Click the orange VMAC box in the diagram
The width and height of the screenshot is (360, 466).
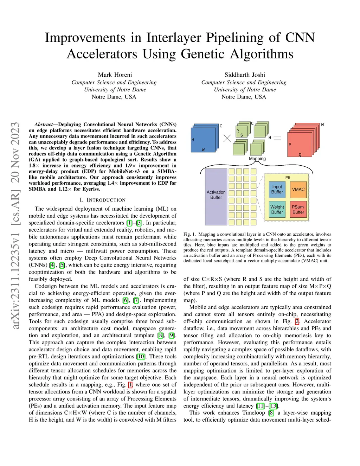click(x=298, y=190)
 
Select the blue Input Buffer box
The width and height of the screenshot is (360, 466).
click(x=277, y=190)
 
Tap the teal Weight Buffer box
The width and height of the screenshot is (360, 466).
click(x=277, y=210)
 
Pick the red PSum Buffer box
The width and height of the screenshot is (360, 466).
click(x=298, y=210)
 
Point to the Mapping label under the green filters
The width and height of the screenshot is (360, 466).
click(x=257, y=159)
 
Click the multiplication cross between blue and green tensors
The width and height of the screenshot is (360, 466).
click(x=227, y=138)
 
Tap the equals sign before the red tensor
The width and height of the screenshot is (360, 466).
click(x=277, y=138)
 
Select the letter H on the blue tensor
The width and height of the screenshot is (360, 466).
click(x=193, y=140)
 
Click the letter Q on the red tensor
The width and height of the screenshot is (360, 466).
click(x=300, y=155)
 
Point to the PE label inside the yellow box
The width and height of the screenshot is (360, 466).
click(x=288, y=178)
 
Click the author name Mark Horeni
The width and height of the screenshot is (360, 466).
click(x=115, y=75)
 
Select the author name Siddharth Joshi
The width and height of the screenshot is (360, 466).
click(x=245, y=75)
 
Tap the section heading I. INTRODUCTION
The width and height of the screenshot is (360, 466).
click(x=102, y=200)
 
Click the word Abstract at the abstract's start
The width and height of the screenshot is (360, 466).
click(x=43, y=125)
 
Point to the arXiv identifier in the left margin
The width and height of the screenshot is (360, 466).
click(x=15, y=225)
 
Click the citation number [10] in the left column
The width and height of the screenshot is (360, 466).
click(x=141, y=356)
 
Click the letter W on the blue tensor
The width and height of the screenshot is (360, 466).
click(x=203, y=150)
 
